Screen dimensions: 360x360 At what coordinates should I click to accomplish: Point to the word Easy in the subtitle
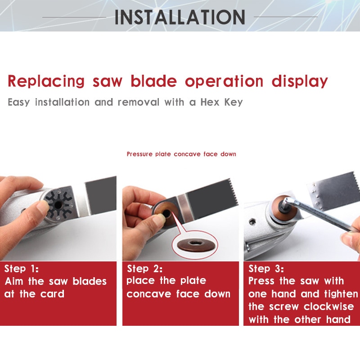(19, 102)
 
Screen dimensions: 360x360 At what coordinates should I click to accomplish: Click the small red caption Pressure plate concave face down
(181, 154)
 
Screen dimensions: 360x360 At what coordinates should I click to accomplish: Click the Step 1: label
(22, 269)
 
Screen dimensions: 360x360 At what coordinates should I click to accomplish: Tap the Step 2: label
(144, 269)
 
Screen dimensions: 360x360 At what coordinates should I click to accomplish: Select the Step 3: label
(266, 269)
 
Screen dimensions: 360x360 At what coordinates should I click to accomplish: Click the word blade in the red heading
(154, 81)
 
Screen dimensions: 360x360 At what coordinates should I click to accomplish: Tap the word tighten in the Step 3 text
(339, 294)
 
